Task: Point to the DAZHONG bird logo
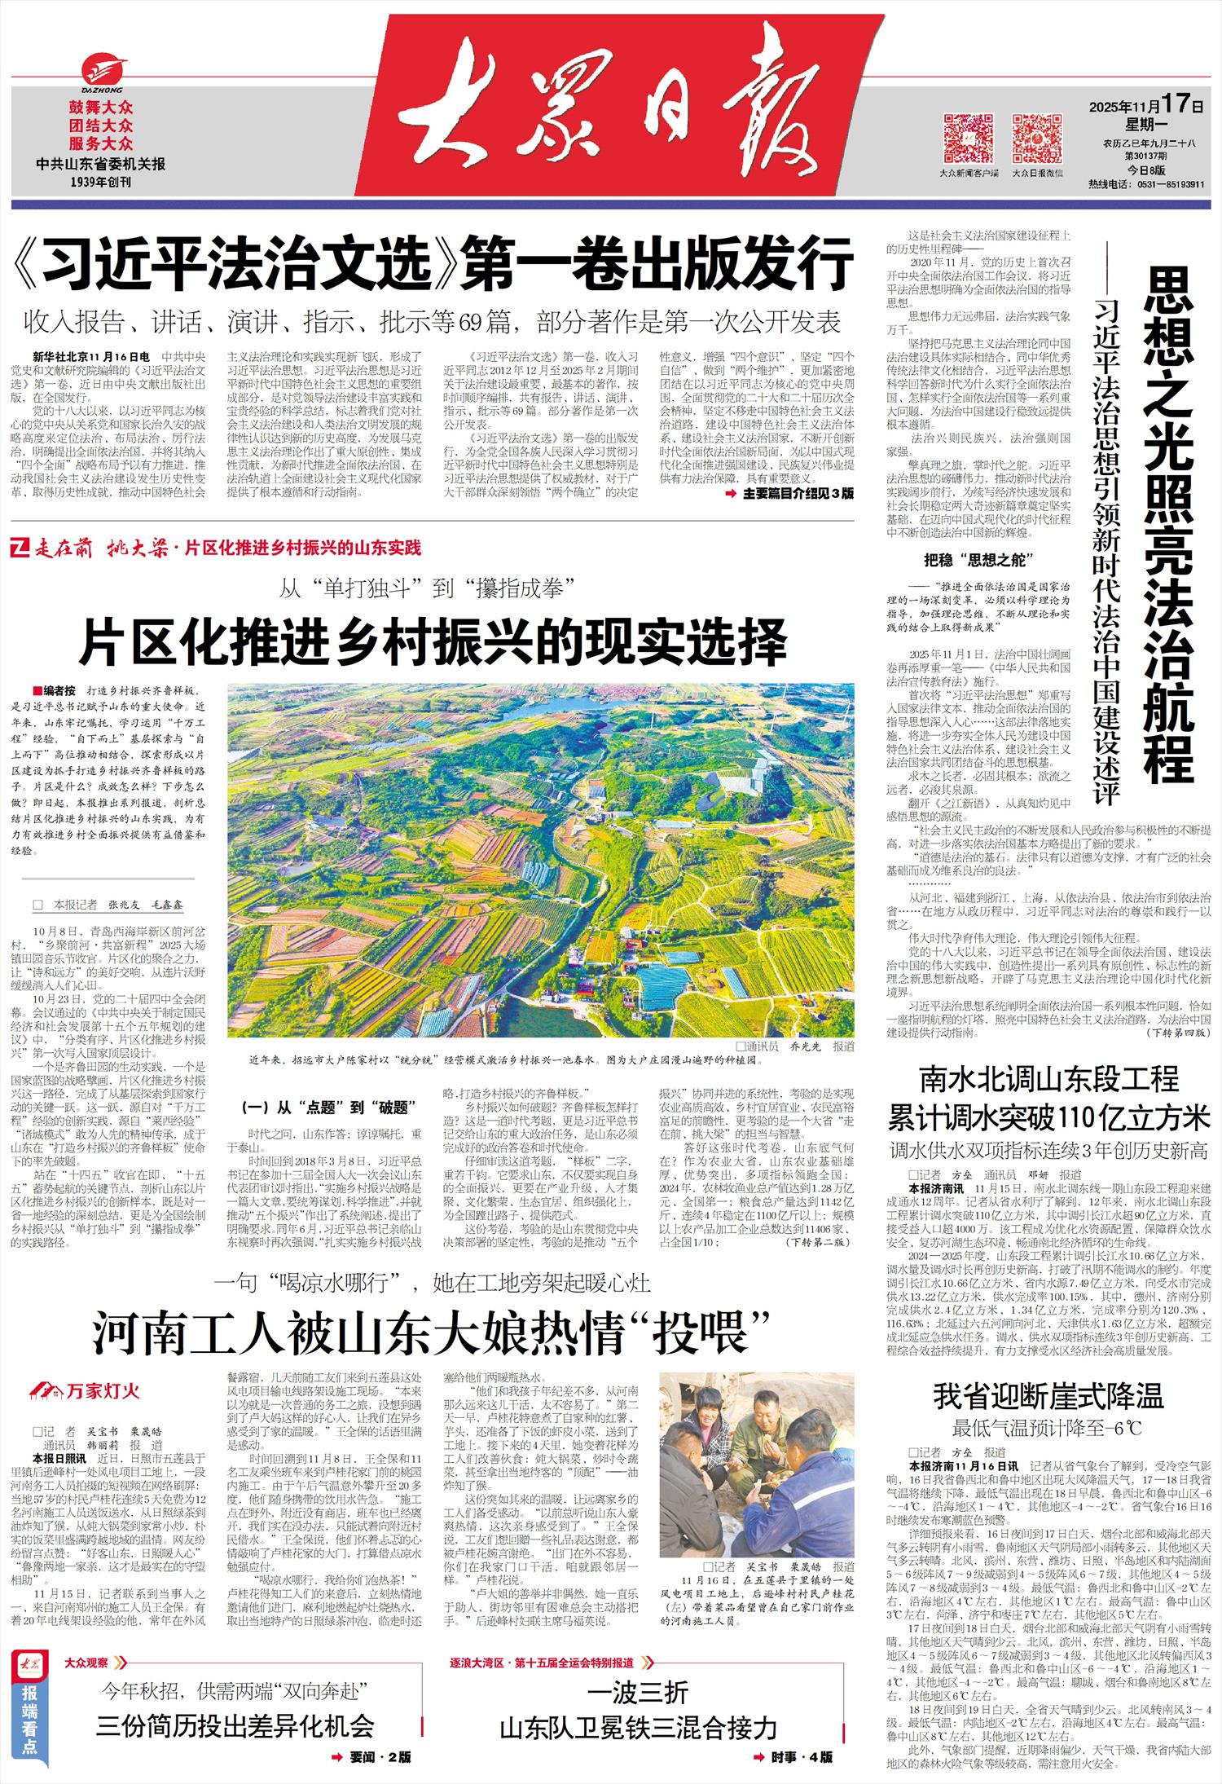point(101,70)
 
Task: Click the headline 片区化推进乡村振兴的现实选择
point(433,642)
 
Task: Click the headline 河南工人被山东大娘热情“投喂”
point(432,1332)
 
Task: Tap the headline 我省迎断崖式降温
point(1048,1396)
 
